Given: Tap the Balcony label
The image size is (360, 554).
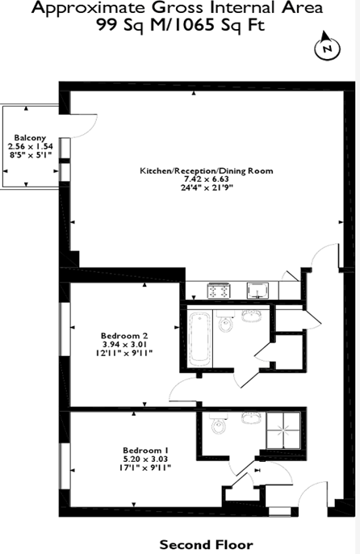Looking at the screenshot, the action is [x=30, y=138].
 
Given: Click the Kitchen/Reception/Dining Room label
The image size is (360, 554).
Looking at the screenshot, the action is [x=207, y=171].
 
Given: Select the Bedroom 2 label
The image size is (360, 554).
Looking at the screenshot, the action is [x=124, y=336].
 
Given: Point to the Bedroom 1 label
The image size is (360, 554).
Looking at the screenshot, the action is [x=145, y=451].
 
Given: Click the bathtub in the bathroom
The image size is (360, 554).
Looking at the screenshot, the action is [x=199, y=340].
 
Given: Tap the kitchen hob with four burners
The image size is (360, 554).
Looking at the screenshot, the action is [x=219, y=291].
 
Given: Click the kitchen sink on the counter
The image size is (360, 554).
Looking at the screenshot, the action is [x=257, y=290].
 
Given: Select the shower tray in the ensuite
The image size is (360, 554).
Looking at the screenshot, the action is [x=283, y=430].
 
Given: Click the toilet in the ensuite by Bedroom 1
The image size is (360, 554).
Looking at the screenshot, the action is [x=218, y=424].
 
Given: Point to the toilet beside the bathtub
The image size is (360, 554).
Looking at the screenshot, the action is [x=224, y=321].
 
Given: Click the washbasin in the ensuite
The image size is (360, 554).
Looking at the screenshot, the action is [x=251, y=418].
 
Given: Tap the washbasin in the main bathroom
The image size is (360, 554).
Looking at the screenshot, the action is [x=251, y=316].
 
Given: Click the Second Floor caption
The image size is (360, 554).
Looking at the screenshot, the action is [x=207, y=544].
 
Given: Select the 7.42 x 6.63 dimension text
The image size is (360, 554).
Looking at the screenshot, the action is [x=205, y=179].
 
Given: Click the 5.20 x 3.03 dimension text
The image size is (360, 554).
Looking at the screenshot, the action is [x=145, y=459].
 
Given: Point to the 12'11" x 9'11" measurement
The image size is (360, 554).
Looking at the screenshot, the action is [x=124, y=353].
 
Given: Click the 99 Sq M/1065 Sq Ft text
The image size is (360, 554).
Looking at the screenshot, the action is [x=181, y=26].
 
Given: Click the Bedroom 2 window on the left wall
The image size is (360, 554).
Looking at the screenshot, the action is [x=65, y=329].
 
